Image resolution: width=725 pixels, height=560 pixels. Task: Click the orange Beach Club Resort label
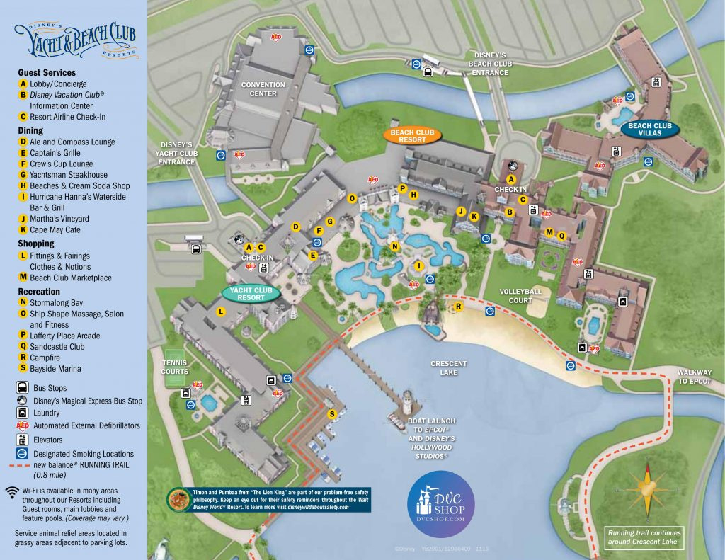[412, 135]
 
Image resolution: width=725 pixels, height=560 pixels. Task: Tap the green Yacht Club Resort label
[251, 294]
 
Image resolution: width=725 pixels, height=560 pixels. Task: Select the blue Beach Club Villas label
[649, 129]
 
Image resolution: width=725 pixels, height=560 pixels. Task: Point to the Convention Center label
[263, 89]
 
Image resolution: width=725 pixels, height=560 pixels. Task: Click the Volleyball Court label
[520, 296]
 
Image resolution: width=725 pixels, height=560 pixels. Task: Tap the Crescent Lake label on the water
[449, 368]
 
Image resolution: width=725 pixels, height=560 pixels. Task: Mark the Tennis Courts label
[174, 367]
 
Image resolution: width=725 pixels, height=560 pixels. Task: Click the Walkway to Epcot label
[693, 377]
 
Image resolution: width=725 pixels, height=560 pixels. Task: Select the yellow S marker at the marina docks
[331, 413]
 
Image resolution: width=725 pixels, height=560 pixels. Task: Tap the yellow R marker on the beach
[459, 307]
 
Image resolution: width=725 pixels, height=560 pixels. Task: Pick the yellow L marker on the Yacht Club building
[221, 312]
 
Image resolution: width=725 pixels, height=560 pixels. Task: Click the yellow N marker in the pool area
[395, 246]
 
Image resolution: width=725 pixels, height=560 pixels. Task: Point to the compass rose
[647, 489]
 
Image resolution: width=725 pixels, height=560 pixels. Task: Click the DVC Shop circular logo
[441, 503]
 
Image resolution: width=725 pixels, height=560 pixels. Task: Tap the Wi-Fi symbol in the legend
[11, 491]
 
